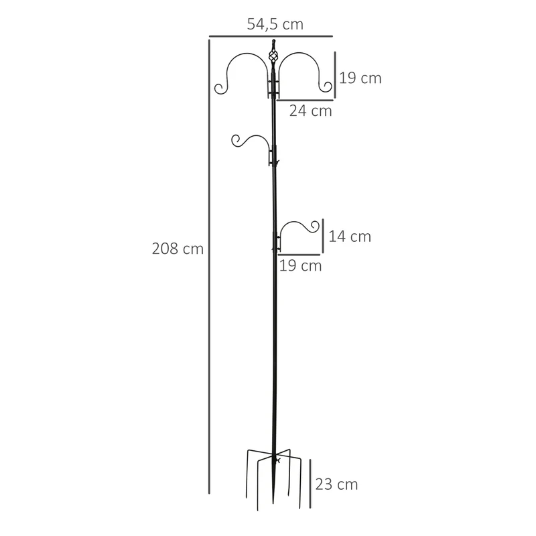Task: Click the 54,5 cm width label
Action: [x=275, y=24]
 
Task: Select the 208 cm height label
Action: [x=178, y=249]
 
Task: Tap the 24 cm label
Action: [x=310, y=111]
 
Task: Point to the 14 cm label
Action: [x=350, y=237]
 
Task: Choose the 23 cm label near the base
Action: [x=336, y=484]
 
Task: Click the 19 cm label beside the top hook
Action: [x=360, y=78]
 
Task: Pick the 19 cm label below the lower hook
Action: [x=300, y=265]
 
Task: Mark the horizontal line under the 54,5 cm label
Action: [x=271, y=36]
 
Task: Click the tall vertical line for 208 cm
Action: [x=209, y=267]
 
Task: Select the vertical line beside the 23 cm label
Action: [x=310, y=483]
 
